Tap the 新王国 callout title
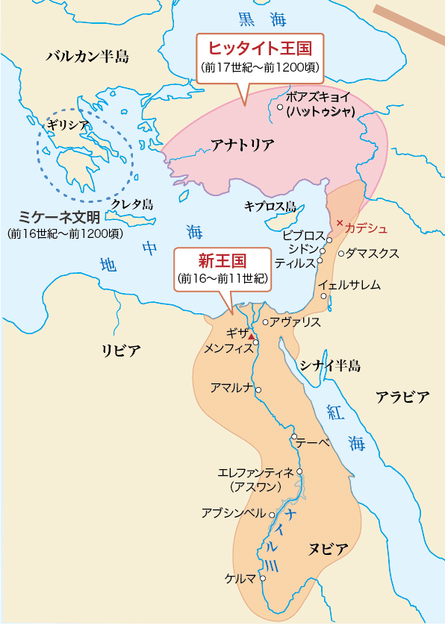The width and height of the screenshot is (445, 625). pos(222,260)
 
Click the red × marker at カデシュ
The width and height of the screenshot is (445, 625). pos(340,223)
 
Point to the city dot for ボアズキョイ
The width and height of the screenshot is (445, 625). pos(280,107)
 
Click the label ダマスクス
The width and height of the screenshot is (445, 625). pos(373,253)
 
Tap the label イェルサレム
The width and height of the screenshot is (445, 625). pos(350,285)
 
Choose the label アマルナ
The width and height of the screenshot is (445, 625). pos(232,388)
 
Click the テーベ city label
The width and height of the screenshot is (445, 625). pos(313,442)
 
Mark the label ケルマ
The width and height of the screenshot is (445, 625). pos(240,578)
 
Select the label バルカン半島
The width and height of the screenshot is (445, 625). pos(87,56)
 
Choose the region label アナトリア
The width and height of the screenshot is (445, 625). pos(243,145)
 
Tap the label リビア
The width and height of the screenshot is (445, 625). pos(121,350)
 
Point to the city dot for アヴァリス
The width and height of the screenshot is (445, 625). pos(265,322)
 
